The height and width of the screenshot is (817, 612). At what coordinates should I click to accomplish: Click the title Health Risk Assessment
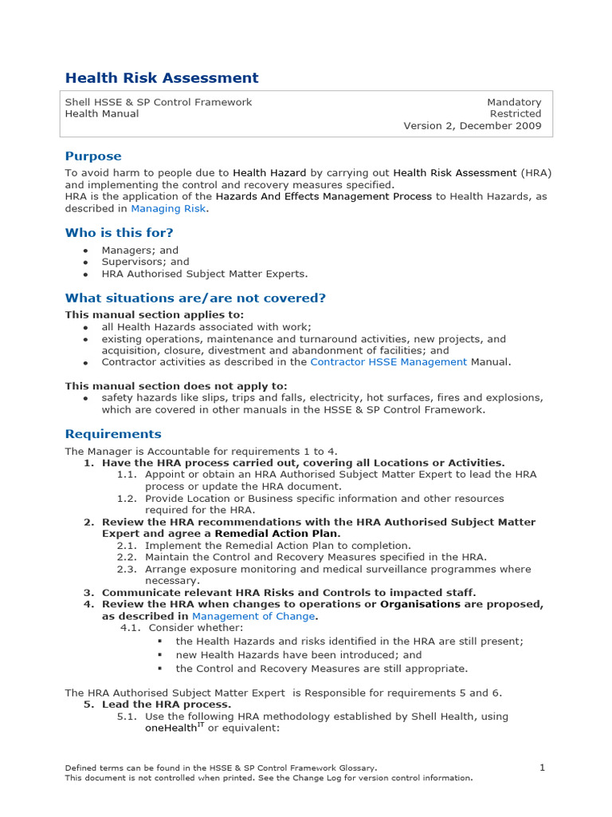tap(162, 78)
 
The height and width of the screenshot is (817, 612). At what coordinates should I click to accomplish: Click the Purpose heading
tap(93, 156)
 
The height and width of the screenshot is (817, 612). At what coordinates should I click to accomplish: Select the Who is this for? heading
tap(119, 233)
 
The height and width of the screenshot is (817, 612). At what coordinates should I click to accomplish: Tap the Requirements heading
tap(113, 434)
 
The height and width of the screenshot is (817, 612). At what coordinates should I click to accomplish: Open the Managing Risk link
tap(168, 208)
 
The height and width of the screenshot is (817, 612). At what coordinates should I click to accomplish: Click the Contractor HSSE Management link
tap(388, 361)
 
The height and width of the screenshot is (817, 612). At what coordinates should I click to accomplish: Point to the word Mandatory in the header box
tap(514, 102)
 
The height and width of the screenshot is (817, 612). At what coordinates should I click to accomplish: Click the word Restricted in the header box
tap(516, 114)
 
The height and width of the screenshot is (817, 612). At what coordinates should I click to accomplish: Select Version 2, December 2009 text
tap(472, 126)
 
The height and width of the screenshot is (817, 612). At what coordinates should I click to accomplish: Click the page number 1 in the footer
tap(542, 768)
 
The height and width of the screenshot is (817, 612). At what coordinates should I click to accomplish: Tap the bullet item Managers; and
tap(139, 250)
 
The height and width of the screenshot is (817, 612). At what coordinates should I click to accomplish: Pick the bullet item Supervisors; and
tap(145, 262)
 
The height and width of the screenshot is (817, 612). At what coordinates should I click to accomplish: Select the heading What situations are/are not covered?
tap(195, 298)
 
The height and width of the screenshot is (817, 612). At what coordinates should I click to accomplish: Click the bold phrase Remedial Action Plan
tap(277, 533)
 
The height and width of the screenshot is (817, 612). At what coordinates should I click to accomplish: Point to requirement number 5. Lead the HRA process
tap(158, 705)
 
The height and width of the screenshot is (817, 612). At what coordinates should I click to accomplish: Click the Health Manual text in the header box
tap(101, 114)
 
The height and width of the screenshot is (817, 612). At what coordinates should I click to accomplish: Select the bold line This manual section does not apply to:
tap(176, 386)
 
